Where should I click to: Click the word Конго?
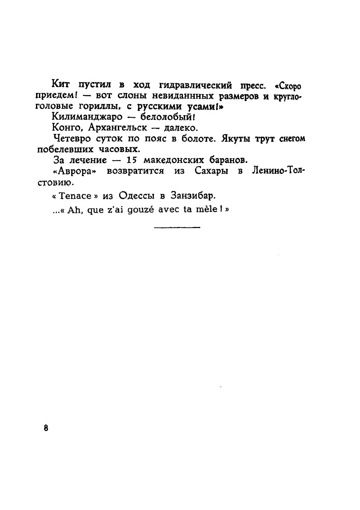(x=64, y=128)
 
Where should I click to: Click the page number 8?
(x=46, y=427)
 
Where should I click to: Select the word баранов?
(x=227, y=161)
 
